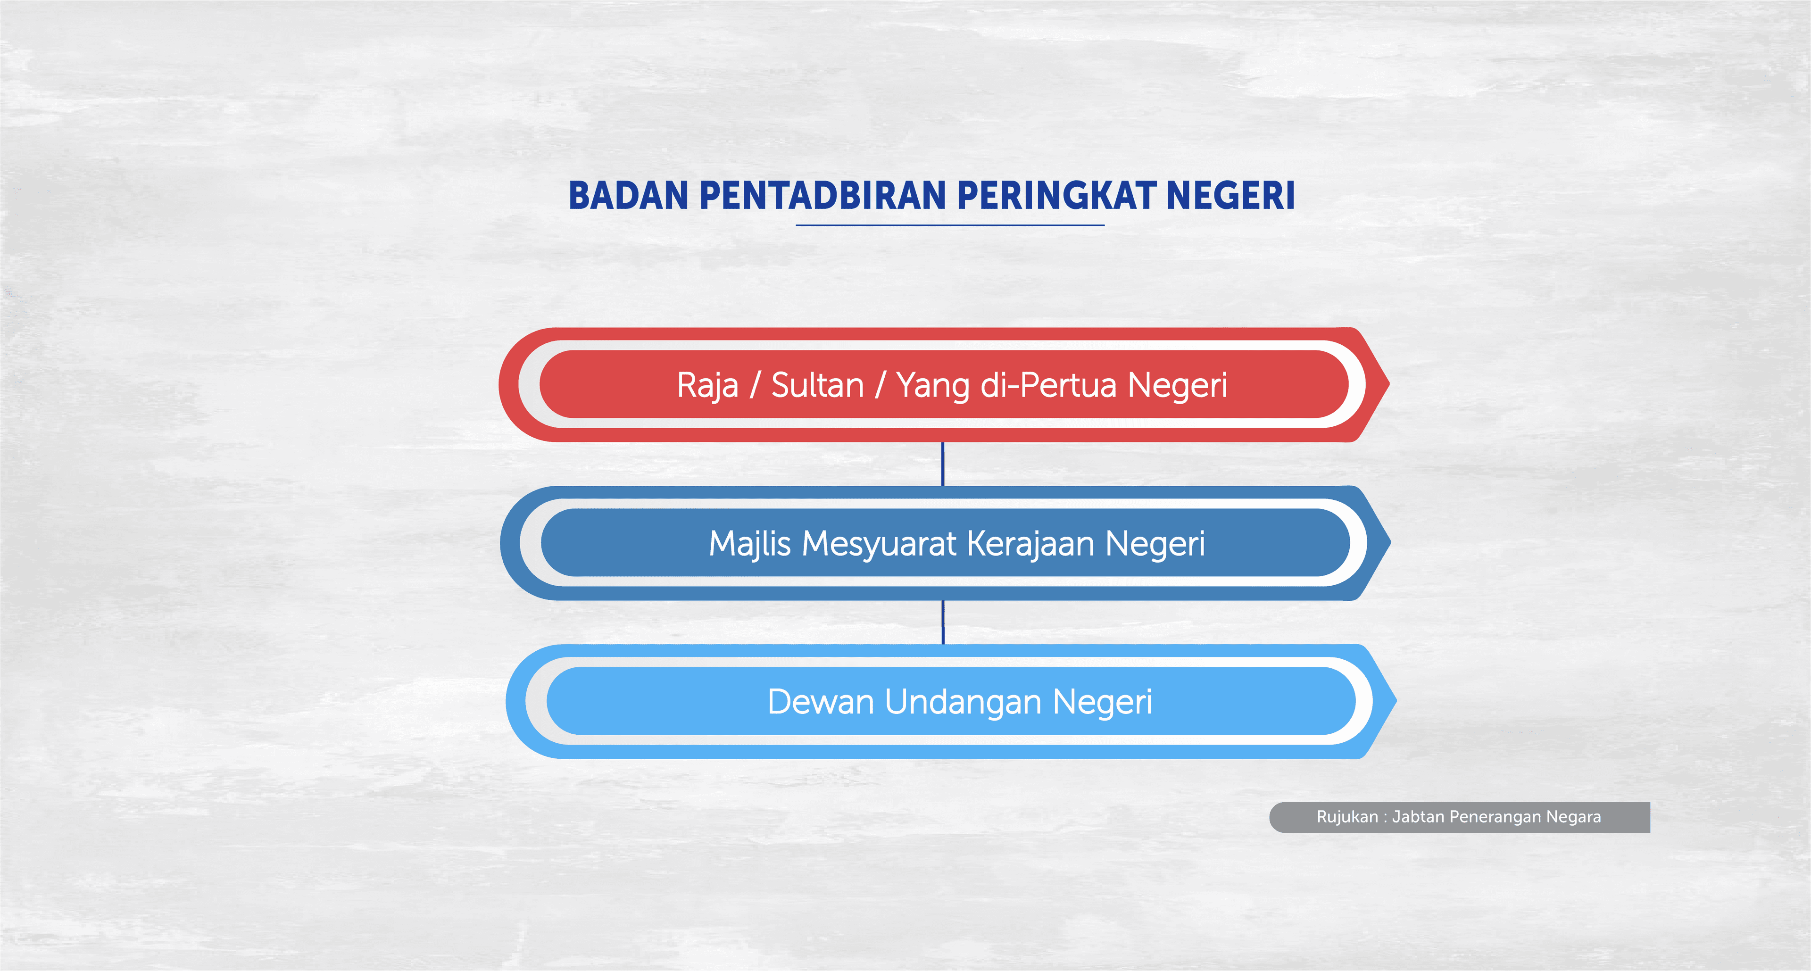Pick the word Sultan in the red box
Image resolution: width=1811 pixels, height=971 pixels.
pos(817,385)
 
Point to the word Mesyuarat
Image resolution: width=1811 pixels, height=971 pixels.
pos(879,544)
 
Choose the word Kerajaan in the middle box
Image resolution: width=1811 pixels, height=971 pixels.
pos(1030,544)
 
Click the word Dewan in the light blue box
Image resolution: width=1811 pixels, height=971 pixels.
pos(821,702)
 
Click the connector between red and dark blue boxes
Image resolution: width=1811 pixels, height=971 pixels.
pos(943,464)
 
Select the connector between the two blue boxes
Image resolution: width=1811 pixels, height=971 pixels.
pos(943,622)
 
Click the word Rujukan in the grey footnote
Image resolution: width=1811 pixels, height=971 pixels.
pos(1346,817)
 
